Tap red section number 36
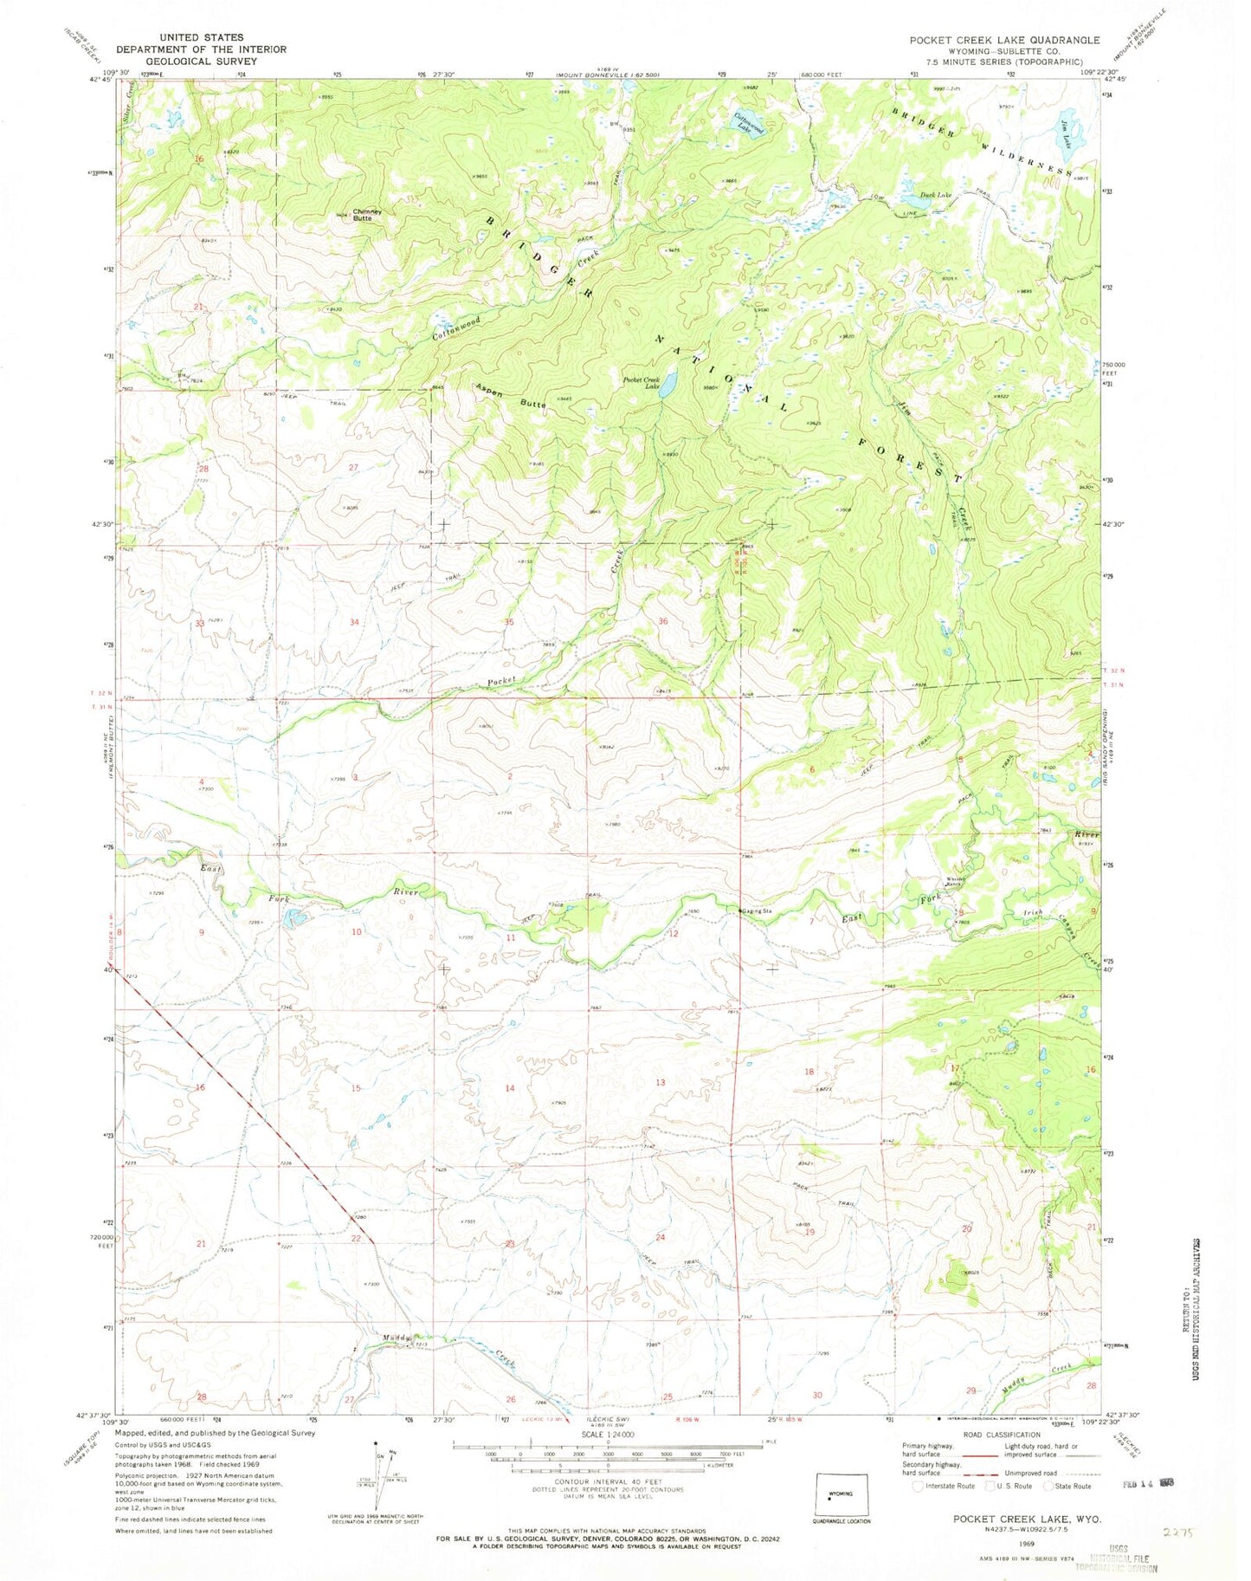663,621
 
